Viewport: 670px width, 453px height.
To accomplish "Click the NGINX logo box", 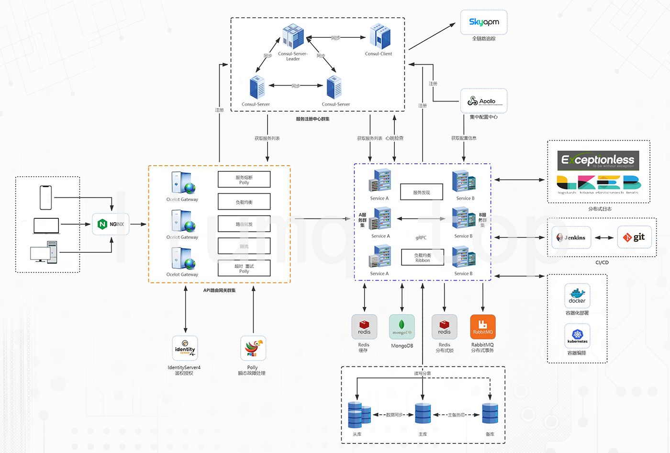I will pyautogui.click(x=111, y=224).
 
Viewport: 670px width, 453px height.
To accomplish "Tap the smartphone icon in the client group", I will pyautogui.click(x=45, y=197).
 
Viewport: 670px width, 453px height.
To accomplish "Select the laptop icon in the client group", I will pyautogui.click(x=46, y=226).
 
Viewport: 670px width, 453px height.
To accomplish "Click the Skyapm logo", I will pyautogui.click(x=484, y=22).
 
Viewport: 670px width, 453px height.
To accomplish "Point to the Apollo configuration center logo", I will pyautogui.click(x=483, y=101).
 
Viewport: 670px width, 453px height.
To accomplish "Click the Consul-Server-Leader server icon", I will pyautogui.click(x=293, y=37).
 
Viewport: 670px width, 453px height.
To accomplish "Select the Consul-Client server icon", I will pyautogui.click(x=380, y=37).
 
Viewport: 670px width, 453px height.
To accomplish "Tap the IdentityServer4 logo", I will pyautogui.click(x=185, y=348).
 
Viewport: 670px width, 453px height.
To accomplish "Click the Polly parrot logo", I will pyautogui.click(x=253, y=348).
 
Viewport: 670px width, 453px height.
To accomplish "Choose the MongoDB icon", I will pyautogui.click(x=402, y=327).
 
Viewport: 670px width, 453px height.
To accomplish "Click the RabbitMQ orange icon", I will pyautogui.click(x=482, y=327).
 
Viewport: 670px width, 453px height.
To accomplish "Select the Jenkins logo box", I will pyautogui.click(x=571, y=238).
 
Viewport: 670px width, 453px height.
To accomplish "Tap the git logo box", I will pyautogui.click(x=634, y=237).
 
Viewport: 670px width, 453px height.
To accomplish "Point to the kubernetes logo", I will pyautogui.click(x=577, y=336).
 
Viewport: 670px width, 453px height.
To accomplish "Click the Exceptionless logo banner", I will pyautogui.click(x=598, y=160).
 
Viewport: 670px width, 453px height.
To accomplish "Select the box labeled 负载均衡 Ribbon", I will pyautogui.click(x=423, y=258).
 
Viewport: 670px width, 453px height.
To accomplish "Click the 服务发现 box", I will pyautogui.click(x=422, y=192).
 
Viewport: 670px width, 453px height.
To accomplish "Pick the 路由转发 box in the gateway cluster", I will pyautogui.click(x=244, y=224).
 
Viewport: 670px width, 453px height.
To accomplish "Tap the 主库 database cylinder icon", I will pyautogui.click(x=423, y=414).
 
